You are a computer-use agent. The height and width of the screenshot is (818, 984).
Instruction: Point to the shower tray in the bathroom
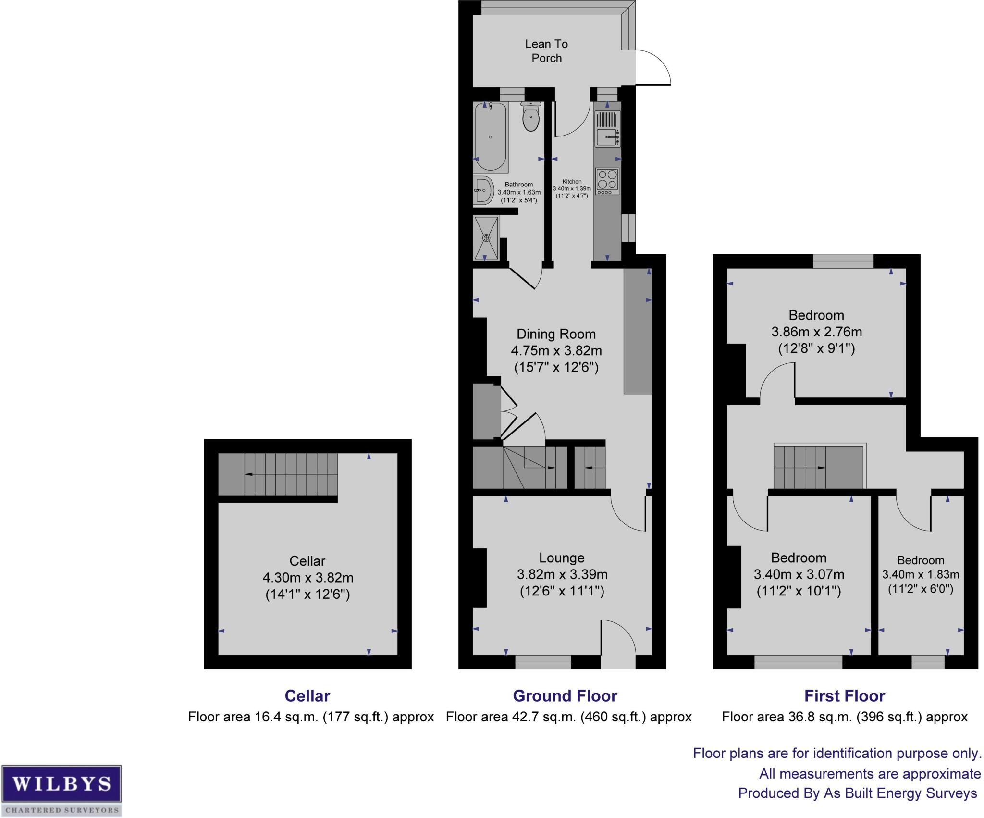click(x=486, y=237)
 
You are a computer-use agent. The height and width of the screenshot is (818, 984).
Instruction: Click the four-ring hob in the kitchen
click(x=607, y=181)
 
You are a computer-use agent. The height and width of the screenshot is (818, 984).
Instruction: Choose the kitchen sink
click(x=607, y=137)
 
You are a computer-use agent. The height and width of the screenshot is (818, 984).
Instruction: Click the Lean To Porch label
click(x=546, y=51)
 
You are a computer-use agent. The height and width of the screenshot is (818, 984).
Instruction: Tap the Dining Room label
click(x=556, y=334)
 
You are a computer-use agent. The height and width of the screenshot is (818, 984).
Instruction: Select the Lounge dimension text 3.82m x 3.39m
click(x=562, y=574)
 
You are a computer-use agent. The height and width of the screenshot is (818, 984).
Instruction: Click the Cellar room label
click(x=307, y=561)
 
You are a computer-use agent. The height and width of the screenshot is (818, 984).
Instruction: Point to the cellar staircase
click(x=278, y=474)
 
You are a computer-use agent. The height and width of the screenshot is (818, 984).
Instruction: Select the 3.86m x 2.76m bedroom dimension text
click(x=816, y=332)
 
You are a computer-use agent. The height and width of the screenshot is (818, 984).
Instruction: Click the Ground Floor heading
click(x=565, y=696)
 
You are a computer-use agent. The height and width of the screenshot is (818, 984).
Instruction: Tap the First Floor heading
click(x=845, y=696)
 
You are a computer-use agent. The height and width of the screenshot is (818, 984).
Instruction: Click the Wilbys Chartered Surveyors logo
click(x=61, y=790)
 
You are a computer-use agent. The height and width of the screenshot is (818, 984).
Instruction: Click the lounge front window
click(x=543, y=662)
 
